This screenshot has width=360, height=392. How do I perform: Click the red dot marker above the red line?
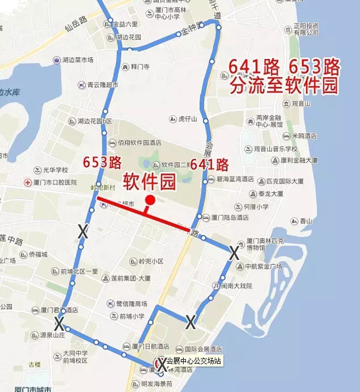tap(150, 200)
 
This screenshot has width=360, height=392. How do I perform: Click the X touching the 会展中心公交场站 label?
tap(162, 363)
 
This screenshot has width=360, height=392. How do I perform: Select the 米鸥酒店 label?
tap(305, 136)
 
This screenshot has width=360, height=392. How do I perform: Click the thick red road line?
tap(144, 214)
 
